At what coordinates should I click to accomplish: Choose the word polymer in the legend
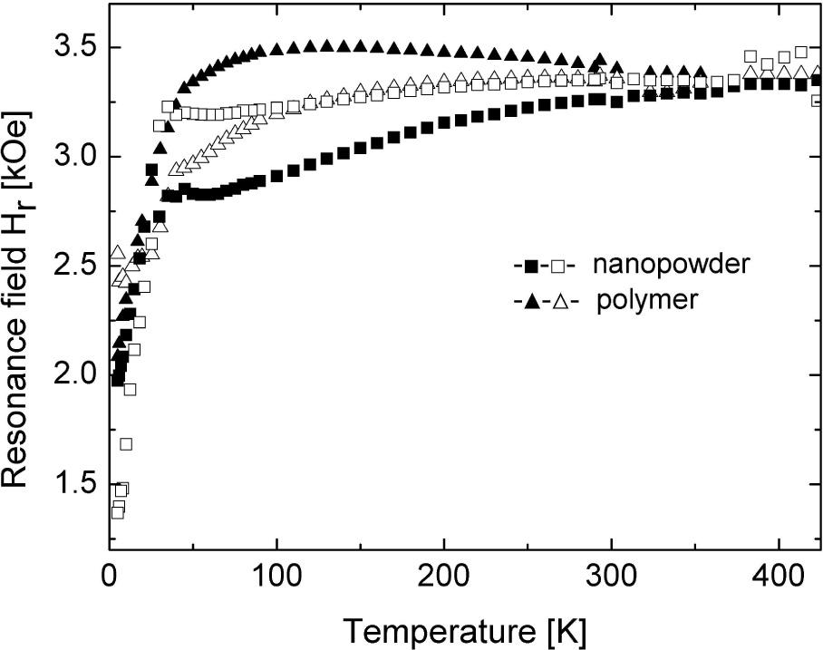pos(647,300)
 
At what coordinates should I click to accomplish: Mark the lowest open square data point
pos(117,512)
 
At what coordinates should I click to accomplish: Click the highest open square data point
pos(800,52)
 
